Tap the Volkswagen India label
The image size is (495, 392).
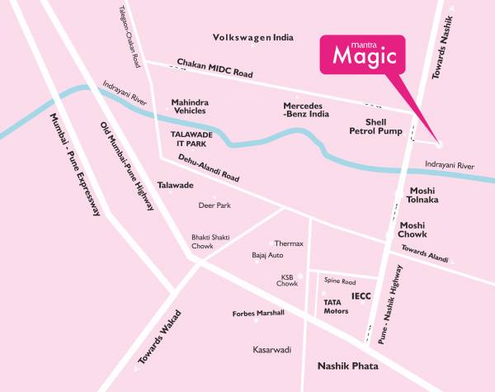point(253,38)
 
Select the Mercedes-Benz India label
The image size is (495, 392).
point(306,110)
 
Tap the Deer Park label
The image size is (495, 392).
point(212,205)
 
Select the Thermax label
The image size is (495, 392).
point(289,243)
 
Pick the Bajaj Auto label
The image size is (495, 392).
point(267,256)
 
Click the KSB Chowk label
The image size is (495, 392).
point(286,280)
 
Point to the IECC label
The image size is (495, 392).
point(361,295)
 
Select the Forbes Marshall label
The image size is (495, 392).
point(258,313)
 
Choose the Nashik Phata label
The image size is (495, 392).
point(346,364)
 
